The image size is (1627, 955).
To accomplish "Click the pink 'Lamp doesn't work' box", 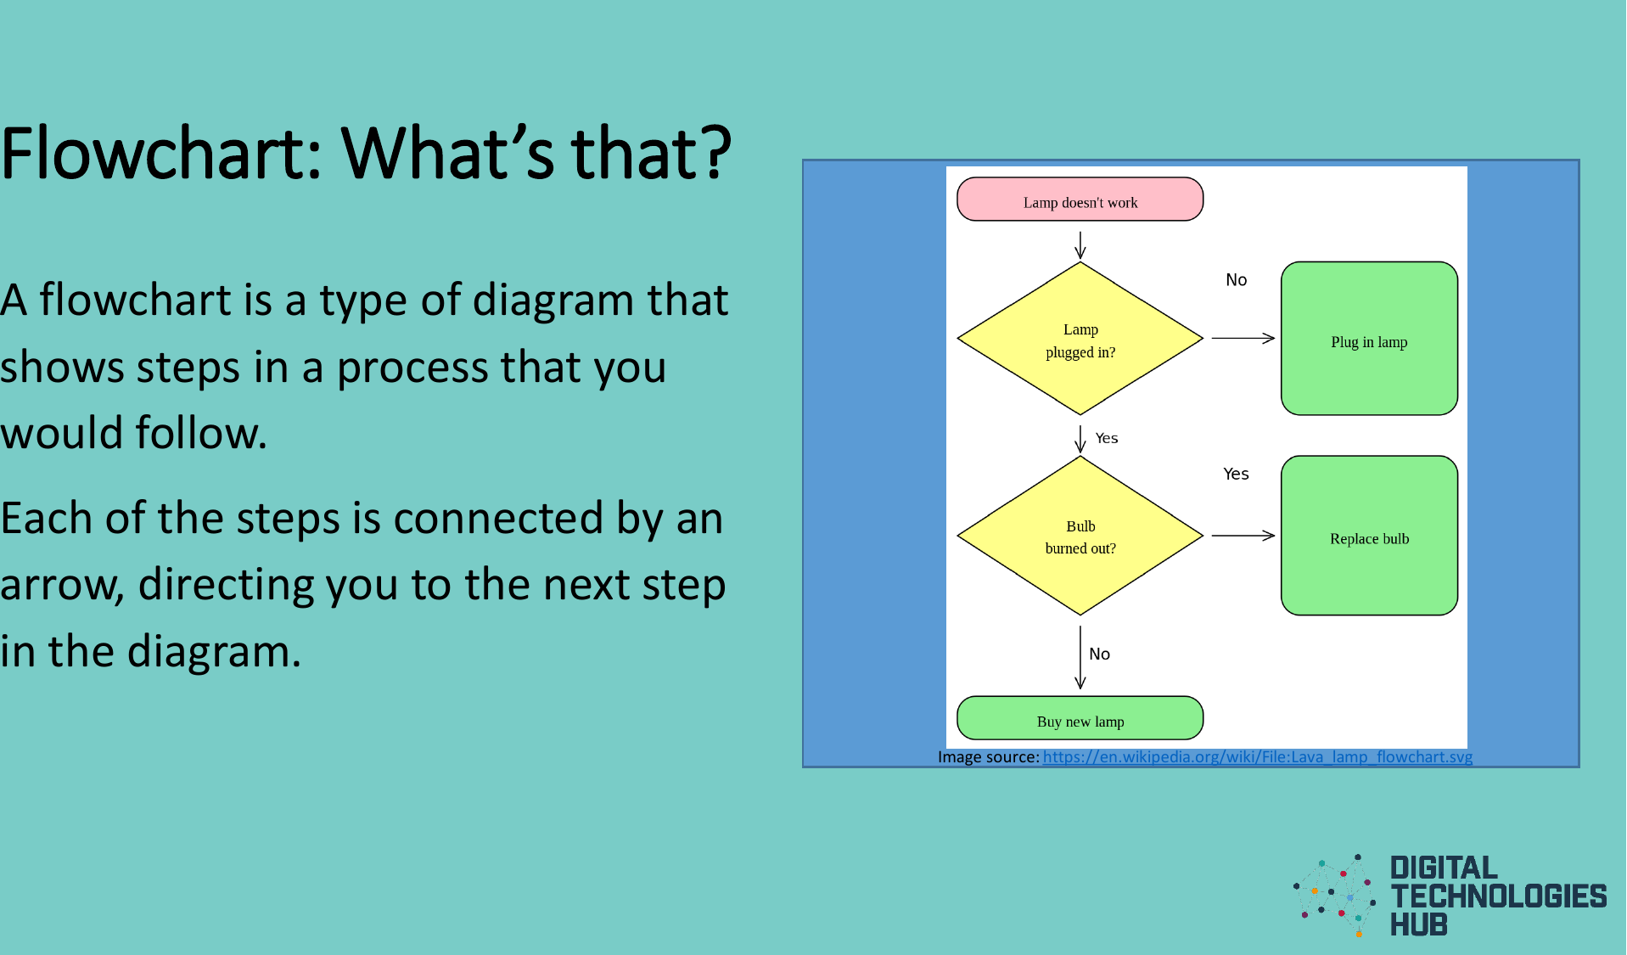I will click(x=1080, y=199).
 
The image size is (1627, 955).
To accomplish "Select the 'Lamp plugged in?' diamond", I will click(x=1080, y=339).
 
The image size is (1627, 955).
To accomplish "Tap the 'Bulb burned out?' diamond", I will click(x=1080, y=536).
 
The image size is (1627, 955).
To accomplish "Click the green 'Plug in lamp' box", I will click(x=1368, y=339).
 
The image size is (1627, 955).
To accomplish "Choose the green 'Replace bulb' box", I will click(x=1368, y=536).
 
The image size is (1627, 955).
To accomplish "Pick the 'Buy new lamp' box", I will click(x=1080, y=719).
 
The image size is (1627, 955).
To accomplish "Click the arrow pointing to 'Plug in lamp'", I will click(x=1243, y=338).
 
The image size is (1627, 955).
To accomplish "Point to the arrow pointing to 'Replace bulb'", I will click(x=1243, y=536).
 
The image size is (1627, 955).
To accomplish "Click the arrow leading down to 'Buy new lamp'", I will click(x=1080, y=658).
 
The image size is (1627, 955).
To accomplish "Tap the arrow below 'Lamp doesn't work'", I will click(x=1080, y=244).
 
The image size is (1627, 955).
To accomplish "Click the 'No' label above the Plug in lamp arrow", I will click(x=1236, y=280).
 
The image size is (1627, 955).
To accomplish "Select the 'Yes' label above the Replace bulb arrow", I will click(x=1236, y=474).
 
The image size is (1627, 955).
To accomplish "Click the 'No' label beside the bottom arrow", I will click(x=1099, y=654).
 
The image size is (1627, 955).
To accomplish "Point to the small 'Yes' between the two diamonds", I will click(x=1106, y=438).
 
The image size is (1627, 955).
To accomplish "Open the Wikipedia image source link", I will click(x=1257, y=757).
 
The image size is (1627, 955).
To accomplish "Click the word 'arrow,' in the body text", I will click(x=62, y=585).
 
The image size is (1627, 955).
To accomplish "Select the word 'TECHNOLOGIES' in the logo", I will click(x=1498, y=896).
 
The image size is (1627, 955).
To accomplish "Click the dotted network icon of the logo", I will click(x=1334, y=896).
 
